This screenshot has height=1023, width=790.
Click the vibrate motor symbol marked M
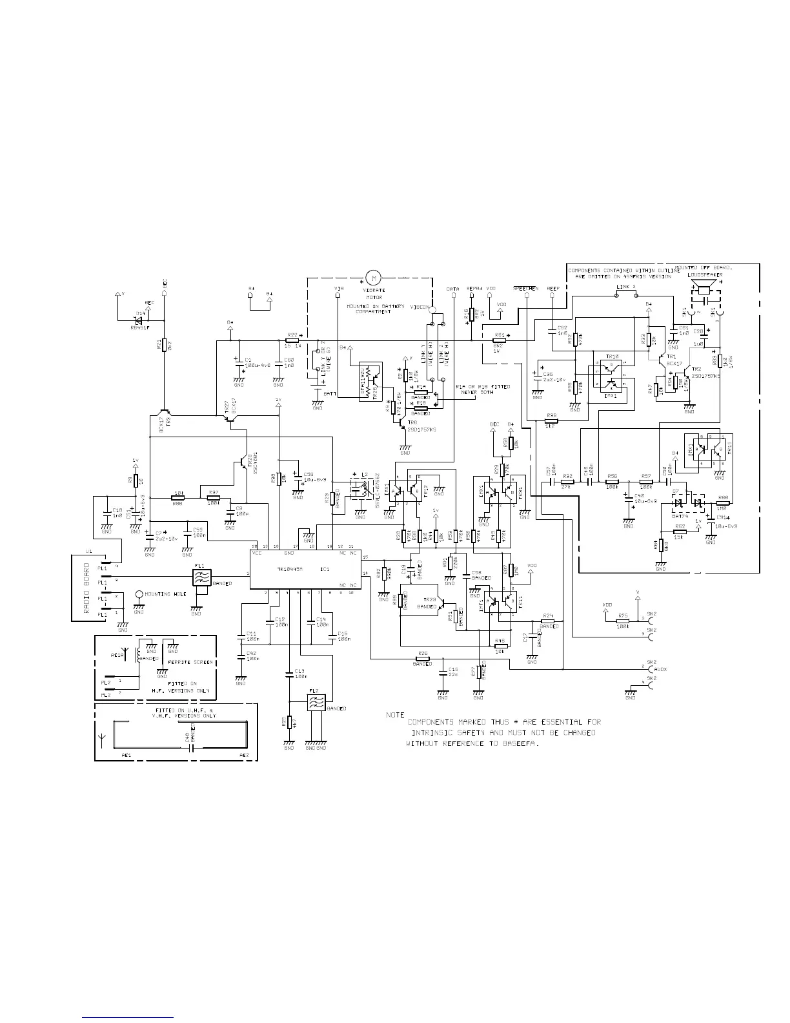click(x=372, y=278)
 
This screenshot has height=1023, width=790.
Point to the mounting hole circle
click(x=139, y=594)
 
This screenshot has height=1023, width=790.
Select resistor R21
click(x=165, y=345)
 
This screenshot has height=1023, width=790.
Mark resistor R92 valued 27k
click(x=567, y=482)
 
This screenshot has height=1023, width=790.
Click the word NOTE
click(x=395, y=715)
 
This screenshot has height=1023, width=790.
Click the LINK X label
click(x=625, y=285)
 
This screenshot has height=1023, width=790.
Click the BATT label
click(x=329, y=393)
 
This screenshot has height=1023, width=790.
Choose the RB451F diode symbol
click(x=139, y=319)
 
